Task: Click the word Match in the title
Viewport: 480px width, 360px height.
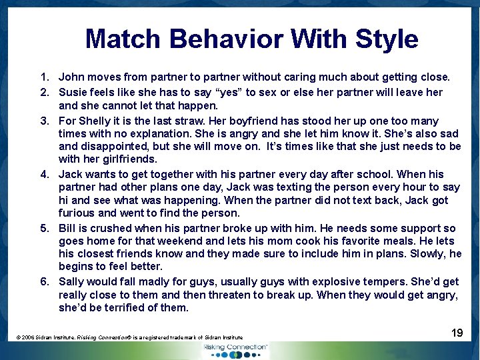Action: pos(124,39)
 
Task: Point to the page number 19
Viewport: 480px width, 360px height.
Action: pos(457,332)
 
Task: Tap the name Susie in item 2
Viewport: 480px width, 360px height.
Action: pos(74,92)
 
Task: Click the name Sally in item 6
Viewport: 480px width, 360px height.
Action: pos(73,281)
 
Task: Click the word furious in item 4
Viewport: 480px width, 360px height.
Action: pos(78,213)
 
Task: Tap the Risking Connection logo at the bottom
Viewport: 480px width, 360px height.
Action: pos(235,350)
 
